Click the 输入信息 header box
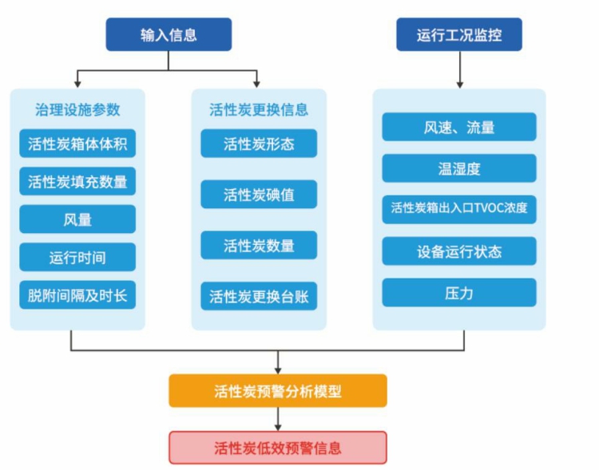pyautogui.click(x=169, y=34)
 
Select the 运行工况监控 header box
pyautogui.click(x=459, y=34)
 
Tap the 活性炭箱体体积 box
pyautogui.click(x=77, y=144)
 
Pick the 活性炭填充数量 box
pyautogui.click(x=77, y=181)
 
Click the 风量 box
pyautogui.click(x=77, y=219)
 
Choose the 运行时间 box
pyautogui.click(x=77, y=257)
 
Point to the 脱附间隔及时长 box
pyautogui.click(x=77, y=294)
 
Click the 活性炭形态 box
pyautogui.click(x=259, y=144)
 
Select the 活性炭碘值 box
pyautogui.click(x=259, y=194)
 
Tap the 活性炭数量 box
pyautogui.click(x=259, y=245)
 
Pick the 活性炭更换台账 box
pyautogui.click(x=259, y=296)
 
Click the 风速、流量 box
pyautogui.click(x=459, y=127)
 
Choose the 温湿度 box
pyautogui.click(x=459, y=168)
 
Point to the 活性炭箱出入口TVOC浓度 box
pyautogui.click(x=459, y=209)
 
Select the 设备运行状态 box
pyautogui.click(x=459, y=251)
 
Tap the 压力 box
pyautogui.click(x=459, y=292)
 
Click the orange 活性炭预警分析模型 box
pyautogui.click(x=278, y=391)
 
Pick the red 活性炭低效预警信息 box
pyautogui.click(x=278, y=447)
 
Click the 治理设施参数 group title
pyautogui.click(x=77, y=109)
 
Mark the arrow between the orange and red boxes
pyautogui.click(x=278, y=419)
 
